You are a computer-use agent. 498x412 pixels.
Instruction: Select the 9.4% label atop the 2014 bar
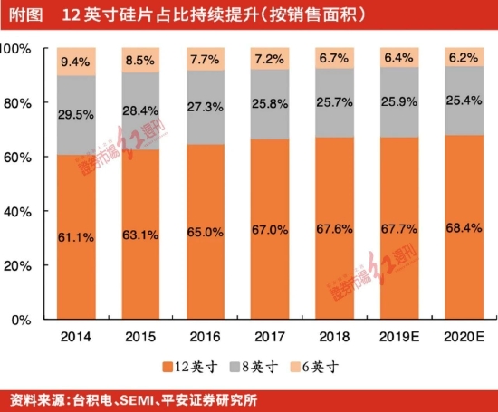point(75,62)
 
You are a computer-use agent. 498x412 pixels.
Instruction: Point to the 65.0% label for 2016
point(205,233)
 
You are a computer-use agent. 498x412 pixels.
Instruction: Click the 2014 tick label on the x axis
point(75,337)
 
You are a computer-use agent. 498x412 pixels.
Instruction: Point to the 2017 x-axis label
point(269,337)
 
